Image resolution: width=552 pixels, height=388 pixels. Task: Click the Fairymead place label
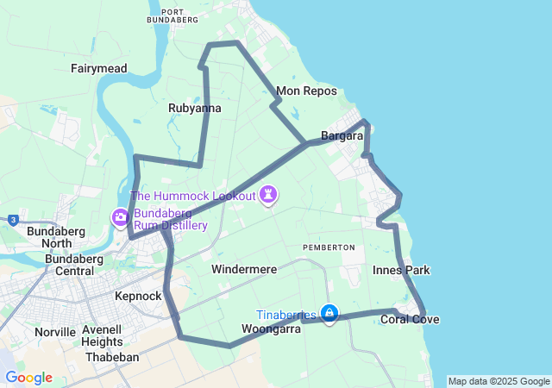click(x=99, y=67)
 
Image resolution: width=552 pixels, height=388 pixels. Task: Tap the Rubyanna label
click(x=194, y=109)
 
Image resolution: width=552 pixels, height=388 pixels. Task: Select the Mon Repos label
click(x=299, y=91)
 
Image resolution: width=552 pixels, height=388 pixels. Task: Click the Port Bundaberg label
click(x=172, y=14)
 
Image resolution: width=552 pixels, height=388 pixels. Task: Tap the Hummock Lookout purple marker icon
click(x=269, y=195)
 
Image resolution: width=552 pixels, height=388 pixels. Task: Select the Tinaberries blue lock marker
click(x=329, y=313)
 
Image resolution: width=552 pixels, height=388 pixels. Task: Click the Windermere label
click(x=244, y=270)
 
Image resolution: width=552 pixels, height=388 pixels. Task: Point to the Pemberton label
click(x=329, y=247)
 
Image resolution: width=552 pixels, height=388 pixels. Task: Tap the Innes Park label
click(x=401, y=271)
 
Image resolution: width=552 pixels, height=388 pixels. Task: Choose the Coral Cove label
click(x=410, y=320)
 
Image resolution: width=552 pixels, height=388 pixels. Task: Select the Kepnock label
click(x=138, y=296)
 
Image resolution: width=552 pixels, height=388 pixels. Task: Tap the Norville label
click(x=55, y=332)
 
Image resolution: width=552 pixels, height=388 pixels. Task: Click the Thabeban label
click(x=113, y=357)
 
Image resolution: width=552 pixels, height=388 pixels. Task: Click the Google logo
click(x=28, y=378)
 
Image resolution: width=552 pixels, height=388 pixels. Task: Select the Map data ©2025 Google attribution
click(x=499, y=381)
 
